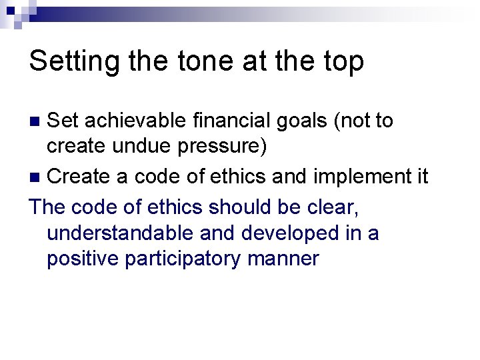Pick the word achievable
coord(135,121)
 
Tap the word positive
coord(83,259)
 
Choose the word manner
coord(283,259)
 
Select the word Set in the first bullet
coord(63,121)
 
